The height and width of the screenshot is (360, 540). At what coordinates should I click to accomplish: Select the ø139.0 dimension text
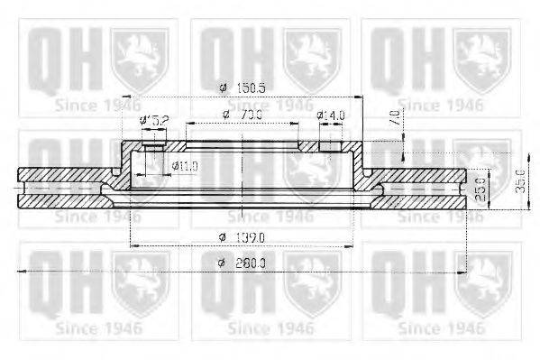tap(243, 236)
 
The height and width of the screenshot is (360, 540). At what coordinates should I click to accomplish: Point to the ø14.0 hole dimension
tap(331, 115)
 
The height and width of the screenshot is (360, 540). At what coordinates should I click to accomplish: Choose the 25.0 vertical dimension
tap(481, 187)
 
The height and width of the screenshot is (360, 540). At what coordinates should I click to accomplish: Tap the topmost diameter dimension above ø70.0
tap(242, 88)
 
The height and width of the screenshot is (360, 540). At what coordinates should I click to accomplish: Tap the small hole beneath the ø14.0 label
tap(330, 144)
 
